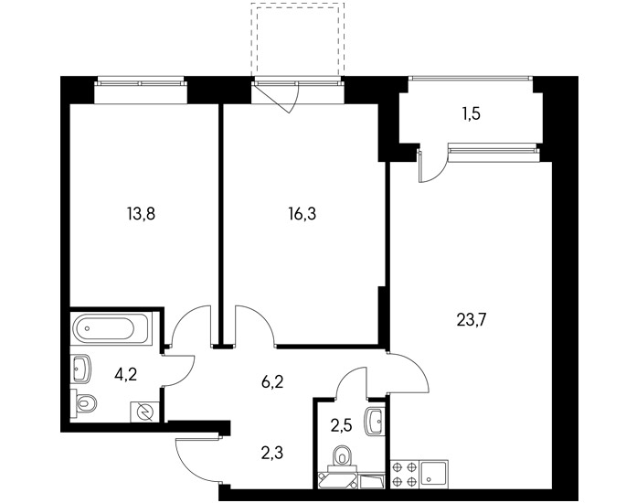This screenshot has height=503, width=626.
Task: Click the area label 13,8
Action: [x=141, y=215]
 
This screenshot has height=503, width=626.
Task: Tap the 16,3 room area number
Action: [x=302, y=215]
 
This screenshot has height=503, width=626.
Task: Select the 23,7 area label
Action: [x=471, y=320]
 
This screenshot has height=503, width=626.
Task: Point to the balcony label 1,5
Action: [x=472, y=114]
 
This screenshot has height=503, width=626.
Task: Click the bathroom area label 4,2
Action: [x=125, y=375]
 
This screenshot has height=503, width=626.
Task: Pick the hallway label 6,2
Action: [x=272, y=382]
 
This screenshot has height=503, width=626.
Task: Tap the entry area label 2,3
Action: [x=272, y=454]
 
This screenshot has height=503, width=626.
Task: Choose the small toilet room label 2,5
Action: [x=341, y=426]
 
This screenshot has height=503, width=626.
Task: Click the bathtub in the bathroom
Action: [x=111, y=329]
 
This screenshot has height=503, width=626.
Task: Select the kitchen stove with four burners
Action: [x=405, y=474]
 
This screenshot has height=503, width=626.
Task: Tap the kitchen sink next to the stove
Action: [x=433, y=474]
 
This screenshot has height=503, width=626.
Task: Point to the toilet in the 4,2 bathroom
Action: [x=83, y=402]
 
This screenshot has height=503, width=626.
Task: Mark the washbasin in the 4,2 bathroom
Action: [x=81, y=369]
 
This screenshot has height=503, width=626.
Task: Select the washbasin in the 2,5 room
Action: [x=375, y=421]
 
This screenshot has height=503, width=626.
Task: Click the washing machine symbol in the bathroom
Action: [x=144, y=412]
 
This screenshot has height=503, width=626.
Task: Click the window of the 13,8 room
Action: [x=141, y=83]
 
